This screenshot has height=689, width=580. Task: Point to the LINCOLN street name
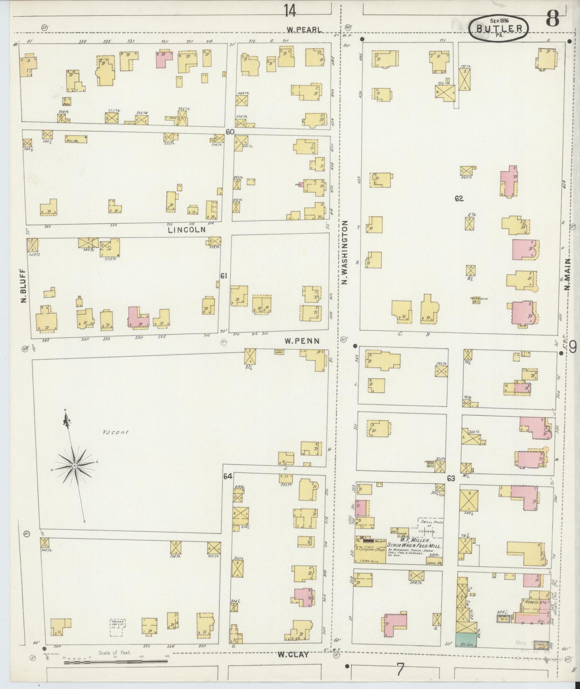click(x=187, y=230)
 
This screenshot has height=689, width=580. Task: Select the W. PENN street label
click(x=302, y=341)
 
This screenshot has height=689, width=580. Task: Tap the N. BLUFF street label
click(x=23, y=286)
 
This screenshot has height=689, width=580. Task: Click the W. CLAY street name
click(x=293, y=654)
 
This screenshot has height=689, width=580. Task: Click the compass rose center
click(x=75, y=465)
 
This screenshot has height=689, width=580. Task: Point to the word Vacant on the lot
click(x=116, y=433)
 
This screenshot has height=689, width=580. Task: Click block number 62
click(x=459, y=198)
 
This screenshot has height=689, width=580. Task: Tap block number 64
click(x=228, y=476)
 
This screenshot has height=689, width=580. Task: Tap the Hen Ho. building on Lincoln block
click(x=76, y=139)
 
